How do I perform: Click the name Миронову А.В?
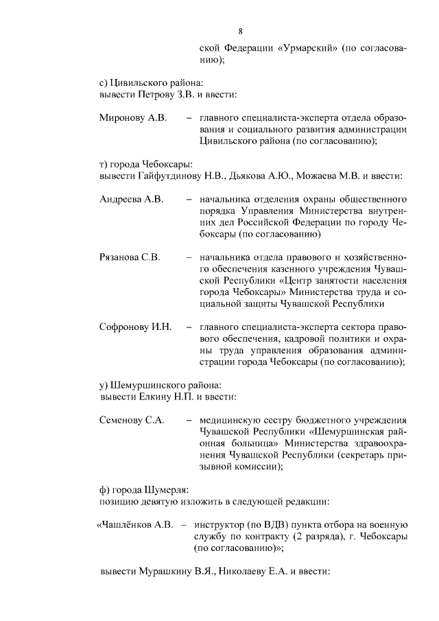click(x=132, y=118)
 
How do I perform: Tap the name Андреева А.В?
click(x=131, y=200)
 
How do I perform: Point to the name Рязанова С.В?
click(x=130, y=258)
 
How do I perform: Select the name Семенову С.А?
click(x=132, y=420)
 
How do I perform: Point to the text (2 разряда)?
click(x=312, y=537)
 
